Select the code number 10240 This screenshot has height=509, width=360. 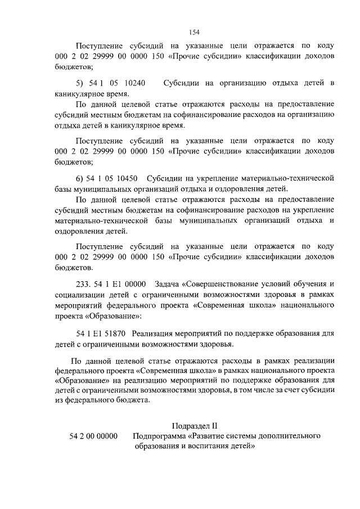(133, 83)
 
